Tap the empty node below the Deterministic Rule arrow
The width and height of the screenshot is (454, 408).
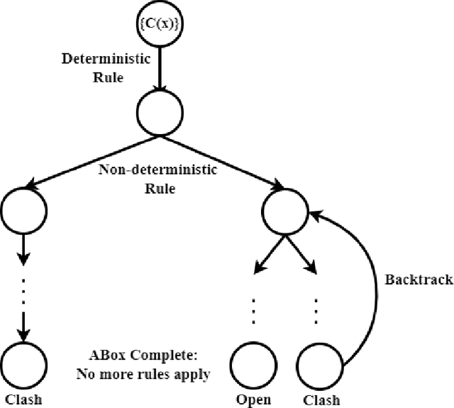(161, 114)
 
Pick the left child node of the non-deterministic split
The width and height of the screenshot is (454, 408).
(24, 209)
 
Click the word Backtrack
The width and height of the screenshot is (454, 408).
(419, 279)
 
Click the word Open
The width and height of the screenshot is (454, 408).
(253, 399)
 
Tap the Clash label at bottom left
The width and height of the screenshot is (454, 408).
(23, 399)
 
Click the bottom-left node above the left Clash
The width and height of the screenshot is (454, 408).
(24, 364)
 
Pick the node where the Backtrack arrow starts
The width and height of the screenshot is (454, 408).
(319, 364)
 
